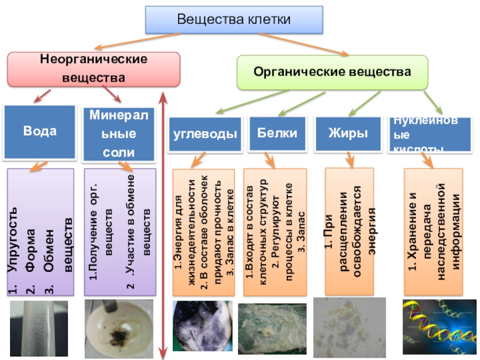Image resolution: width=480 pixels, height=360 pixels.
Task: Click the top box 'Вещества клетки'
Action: [234, 20]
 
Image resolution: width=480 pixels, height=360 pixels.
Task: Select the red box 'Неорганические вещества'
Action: [93, 69]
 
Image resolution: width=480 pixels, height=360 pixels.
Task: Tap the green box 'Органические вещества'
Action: [332, 72]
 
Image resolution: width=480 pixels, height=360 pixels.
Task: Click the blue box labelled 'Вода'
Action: [40, 131]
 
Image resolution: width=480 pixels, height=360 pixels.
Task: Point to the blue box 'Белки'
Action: [273, 133]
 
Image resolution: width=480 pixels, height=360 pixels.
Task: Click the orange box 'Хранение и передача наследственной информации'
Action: [432, 230]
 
